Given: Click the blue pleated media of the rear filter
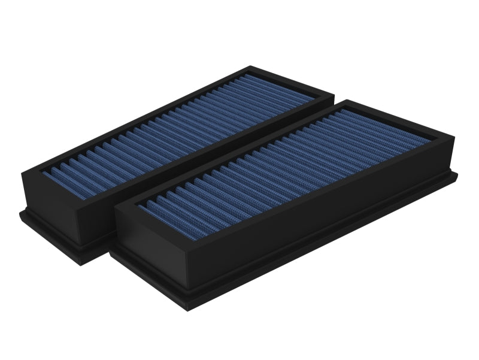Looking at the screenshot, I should (180, 126).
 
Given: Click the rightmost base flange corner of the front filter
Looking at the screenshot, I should (458, 175).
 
